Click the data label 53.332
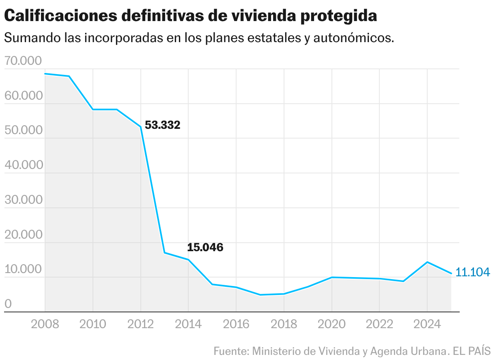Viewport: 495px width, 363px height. (x=162, y=125)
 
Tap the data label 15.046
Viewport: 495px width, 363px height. (x=205, y=247)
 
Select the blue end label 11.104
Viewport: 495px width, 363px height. (x=472, y=272)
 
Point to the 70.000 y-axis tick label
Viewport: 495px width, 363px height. (x=24, y=61)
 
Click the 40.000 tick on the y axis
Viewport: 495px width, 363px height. (x=24, y=165)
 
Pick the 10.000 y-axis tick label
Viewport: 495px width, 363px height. (x=24, y=269)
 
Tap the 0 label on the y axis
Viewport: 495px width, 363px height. (x=8, y=304)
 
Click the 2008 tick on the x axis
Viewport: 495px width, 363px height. (x=45, y=324)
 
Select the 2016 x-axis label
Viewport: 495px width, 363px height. (x=236, y=324)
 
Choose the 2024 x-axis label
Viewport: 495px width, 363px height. (x=427, y=324)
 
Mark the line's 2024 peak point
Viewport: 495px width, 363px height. (x=427, y=262)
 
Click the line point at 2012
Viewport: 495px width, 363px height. (x=141, y=127)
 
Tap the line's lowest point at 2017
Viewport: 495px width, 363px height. (x=260, y=295)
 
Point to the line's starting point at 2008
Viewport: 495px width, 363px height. (x=45, y=74)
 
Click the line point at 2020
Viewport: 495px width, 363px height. (x=332, y=278)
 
